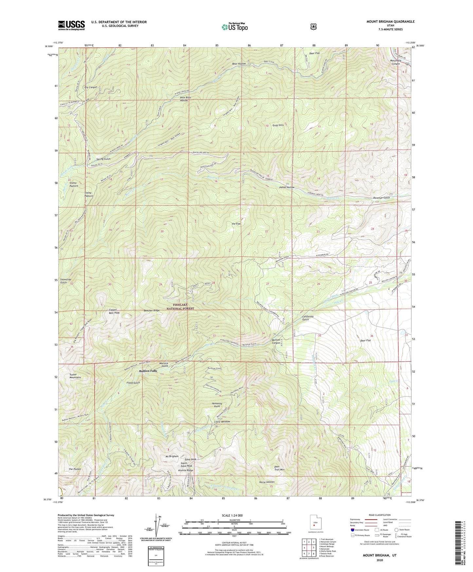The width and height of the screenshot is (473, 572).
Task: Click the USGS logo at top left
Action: pos(71,25)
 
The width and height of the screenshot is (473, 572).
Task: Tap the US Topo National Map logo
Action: pos(234,27)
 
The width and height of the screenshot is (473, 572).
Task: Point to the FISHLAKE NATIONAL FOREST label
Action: pos(180,307)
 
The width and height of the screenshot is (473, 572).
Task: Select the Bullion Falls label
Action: pos(148,371)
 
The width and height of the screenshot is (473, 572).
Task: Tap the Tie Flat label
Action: pos(236,224)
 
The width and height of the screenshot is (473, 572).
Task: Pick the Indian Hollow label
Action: pos(287,187)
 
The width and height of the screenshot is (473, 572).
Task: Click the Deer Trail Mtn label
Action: pos(279,468)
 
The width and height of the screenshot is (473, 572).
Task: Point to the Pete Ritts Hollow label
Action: pos(185,99)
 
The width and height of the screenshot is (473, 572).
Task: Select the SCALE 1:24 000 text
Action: pos(234,515)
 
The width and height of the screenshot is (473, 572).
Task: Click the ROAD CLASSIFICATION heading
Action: pos(379,515)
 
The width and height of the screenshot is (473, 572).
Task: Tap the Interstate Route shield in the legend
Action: pos(353,529)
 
